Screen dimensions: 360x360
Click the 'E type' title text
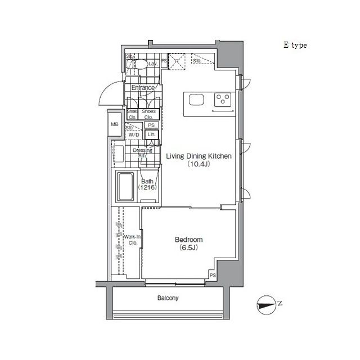tap(295, 46)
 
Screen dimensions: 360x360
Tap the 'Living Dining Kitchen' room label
tap(199, 157)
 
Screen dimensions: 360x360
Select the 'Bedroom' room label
tap(188, 240)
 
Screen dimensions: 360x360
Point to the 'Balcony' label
tap(167, 298)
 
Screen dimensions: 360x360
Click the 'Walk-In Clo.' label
tap(133, 240)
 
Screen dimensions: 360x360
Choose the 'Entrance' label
tap(143, 88)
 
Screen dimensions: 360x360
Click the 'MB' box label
tap(115, 124)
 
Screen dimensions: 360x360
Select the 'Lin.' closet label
tap(151, 135)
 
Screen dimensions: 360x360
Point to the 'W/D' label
tap(133, 136)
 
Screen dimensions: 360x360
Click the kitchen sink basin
tap(196, 100)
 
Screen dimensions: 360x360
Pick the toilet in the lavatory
tap(141, 65)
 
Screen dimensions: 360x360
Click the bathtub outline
tap(124, 187)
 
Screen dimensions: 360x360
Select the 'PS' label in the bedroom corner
tap(213, 276)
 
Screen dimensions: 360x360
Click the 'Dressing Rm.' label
tap(142, 152)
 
